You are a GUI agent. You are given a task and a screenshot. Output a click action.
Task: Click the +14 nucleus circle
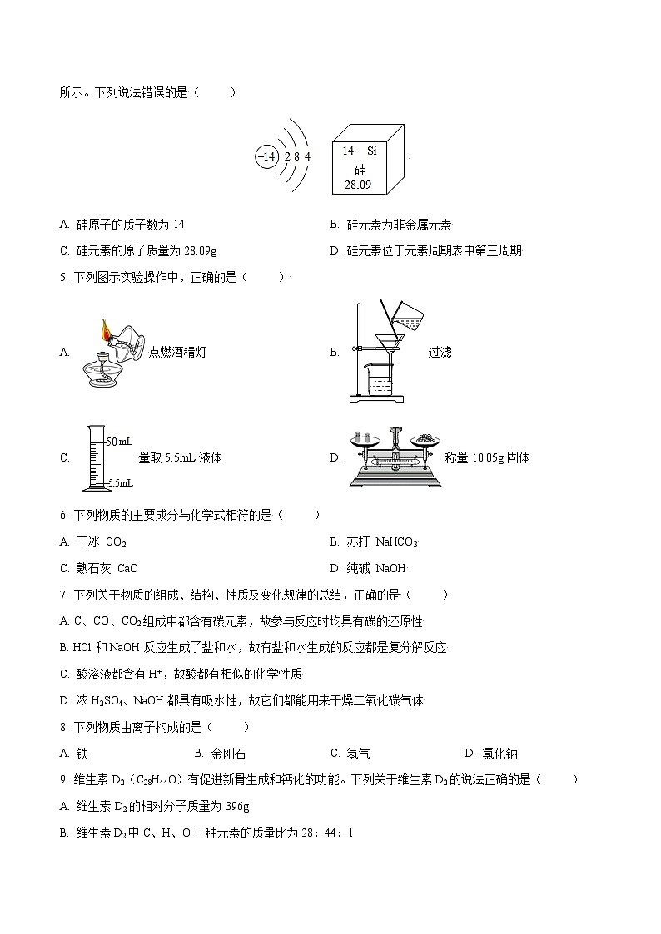(266, 156)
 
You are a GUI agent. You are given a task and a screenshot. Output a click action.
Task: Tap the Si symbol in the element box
(372, 151)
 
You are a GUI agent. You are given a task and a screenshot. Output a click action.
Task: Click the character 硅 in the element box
(360, 169)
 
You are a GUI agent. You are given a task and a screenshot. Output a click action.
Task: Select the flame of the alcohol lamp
(106, 330)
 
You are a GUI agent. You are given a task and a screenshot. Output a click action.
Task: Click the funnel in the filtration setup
(385, 342)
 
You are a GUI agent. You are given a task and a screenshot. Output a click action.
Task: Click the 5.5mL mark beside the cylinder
(122, 482)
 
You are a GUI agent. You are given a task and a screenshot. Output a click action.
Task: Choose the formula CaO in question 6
(127, 569)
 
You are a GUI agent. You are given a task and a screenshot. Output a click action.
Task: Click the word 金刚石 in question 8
(228, 754)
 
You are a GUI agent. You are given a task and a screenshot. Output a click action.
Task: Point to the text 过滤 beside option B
(440, 352)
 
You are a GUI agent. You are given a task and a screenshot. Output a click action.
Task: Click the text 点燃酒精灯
(177, 352)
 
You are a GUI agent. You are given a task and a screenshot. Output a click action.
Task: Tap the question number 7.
(63, 595)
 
